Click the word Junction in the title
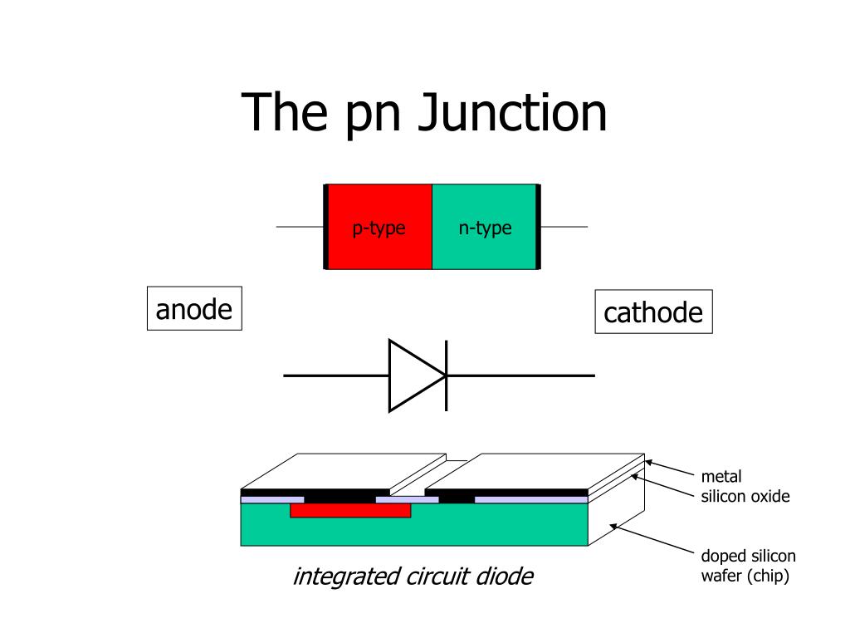(x=512, y=114)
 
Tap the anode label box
(x=194, y=309)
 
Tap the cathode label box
(x=653, y=312)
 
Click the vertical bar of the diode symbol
(x=447, y=375)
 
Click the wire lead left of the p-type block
(x=299, y=226)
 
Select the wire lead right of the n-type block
(x=564, y=227)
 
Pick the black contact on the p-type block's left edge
(x=326, y=227)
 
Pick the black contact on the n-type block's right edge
(x=538, y=227)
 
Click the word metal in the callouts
(x=721, y=477)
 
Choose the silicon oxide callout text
(x=745, y=497)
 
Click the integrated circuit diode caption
(x=413, y=576)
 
